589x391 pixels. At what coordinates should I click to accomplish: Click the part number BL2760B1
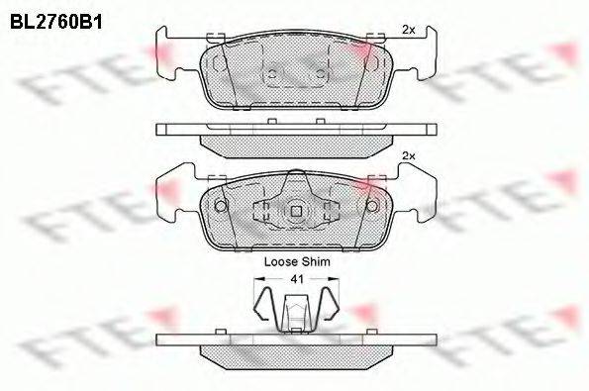[56, 22]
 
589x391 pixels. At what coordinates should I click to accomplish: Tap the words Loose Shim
[297, 261]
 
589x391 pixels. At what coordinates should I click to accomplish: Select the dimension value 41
[297, 279]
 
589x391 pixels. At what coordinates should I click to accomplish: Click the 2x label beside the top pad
[408, 30]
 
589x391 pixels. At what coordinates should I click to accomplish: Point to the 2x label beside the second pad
[408, 155]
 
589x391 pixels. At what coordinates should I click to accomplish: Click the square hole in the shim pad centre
[296, 212]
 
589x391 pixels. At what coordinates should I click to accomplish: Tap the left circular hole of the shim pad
[221, 206]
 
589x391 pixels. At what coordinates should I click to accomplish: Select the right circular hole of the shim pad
[372, 206]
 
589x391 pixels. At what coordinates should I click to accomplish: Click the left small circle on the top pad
[273, 74]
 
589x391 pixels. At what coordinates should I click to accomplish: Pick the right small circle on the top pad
[320, 74]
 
